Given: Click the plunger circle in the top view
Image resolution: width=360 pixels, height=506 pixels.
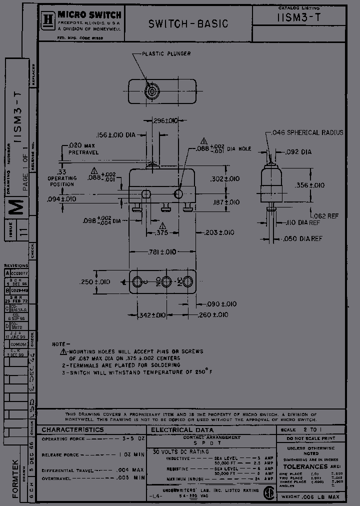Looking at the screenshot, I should point(150,91).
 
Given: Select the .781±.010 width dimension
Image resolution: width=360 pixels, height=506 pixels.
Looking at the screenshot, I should point(162,251).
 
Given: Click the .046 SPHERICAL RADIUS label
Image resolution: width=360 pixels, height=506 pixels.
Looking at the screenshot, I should point(307,132).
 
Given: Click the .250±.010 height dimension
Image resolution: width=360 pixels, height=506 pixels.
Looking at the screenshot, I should point(95,282).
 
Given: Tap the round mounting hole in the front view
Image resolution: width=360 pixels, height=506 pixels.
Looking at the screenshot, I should point(178,193).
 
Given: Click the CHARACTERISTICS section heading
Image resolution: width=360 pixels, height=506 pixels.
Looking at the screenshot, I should point(72,429).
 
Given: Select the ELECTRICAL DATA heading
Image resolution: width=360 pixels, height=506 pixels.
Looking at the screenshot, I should point(182,429).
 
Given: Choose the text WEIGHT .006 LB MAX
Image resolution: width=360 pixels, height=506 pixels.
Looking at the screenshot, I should point(310,496).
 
